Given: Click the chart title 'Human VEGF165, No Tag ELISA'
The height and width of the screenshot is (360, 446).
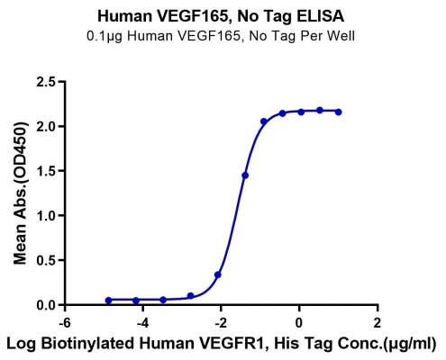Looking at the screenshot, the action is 221,16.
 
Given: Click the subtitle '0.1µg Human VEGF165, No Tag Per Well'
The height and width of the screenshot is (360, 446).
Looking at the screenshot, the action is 221,36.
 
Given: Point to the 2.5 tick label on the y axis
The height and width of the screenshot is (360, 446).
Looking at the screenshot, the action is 46,82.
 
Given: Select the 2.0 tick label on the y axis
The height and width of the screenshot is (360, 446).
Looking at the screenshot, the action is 46,126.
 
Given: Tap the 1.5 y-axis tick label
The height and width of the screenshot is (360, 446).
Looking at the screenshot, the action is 46,171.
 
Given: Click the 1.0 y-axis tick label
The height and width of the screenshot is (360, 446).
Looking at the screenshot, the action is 46,215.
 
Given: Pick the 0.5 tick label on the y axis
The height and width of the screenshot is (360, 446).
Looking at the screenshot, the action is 46,260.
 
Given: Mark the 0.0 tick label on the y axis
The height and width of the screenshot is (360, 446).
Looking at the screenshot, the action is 46,305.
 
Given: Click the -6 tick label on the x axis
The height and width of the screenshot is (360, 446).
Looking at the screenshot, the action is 65,323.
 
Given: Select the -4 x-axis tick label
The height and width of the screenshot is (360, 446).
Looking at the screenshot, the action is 142,323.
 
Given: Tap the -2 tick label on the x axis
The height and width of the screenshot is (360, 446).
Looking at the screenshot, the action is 221,323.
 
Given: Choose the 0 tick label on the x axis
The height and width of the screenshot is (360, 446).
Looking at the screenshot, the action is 299,323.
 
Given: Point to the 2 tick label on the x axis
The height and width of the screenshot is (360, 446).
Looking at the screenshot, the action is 377,323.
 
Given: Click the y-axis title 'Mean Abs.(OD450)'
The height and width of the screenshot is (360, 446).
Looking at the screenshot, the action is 21,193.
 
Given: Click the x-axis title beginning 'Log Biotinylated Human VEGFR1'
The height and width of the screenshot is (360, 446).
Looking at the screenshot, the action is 221,344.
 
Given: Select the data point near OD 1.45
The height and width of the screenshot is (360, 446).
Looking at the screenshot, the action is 245,175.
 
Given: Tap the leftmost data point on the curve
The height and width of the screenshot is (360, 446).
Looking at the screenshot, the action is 108,301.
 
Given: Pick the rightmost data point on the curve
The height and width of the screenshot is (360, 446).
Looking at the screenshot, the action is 338,112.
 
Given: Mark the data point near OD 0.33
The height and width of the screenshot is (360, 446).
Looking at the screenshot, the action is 218,274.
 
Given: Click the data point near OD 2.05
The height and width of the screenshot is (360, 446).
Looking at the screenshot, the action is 264,121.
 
